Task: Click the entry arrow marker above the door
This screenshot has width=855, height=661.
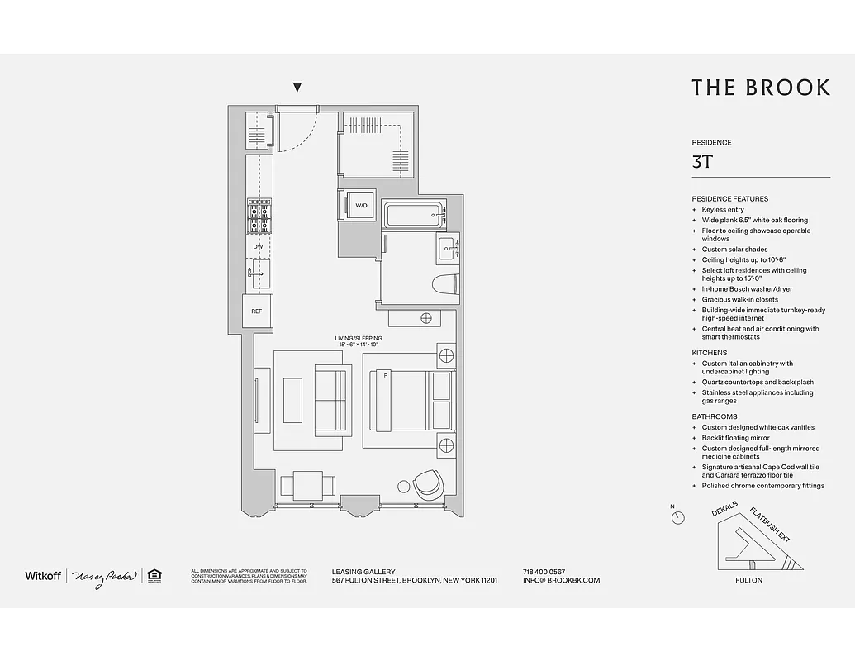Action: click(x=297, y=88)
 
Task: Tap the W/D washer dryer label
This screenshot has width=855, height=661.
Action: click(x=361, y=205)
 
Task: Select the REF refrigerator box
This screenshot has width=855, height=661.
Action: click(x=256, y=311)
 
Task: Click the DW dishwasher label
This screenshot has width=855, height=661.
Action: click(x=258, y=247)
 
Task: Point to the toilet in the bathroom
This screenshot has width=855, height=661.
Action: click(x=444, y=283)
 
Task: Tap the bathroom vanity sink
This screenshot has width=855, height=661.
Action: click(x=449, y=247)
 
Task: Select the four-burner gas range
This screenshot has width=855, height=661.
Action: click(x=259, y=217)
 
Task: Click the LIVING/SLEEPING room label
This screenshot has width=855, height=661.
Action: click(x=358, y=338)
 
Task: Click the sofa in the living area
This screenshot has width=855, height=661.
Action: click(x=330, y=400)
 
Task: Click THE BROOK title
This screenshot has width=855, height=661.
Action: click(x=760, y=88)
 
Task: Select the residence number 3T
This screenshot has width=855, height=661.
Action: click(x=702, y=162)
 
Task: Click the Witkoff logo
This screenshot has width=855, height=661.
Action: click(x=43, y=575)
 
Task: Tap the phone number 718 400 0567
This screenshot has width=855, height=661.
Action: click(x=544, y=572)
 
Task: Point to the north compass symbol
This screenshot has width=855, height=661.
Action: click(x=677, y=517)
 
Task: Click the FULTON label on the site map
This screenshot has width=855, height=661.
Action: click(x=748, y=580)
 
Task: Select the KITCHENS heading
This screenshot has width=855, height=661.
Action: click(x=710, y=353)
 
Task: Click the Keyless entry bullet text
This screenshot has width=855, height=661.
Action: click(x=723, y=210)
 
